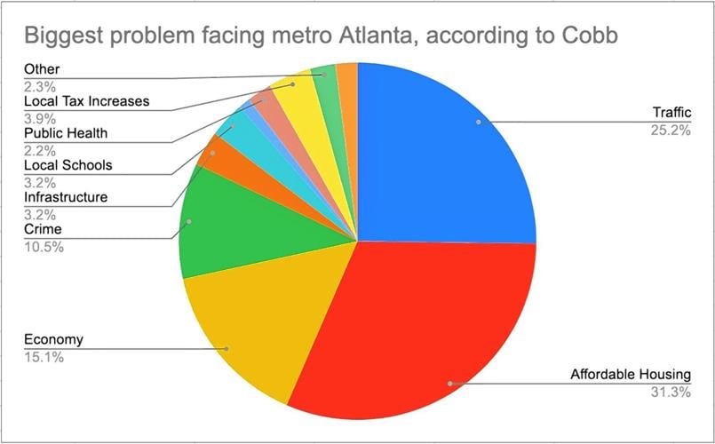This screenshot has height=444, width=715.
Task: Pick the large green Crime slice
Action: (x=231, y=226)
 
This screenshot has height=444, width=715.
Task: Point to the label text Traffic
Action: (x=671, y=113)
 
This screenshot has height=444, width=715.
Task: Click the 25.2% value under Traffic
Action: (x=671, y=131)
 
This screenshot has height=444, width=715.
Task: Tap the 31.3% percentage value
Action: (x=671, y=392)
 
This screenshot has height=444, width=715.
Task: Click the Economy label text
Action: (x=53, y=339)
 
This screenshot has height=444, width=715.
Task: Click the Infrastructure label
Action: (x=66, y=196)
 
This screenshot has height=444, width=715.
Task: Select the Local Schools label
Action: (x=68, y=165)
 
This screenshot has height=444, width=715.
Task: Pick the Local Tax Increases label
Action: (x=86, y=101)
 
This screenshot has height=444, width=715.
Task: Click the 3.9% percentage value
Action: (x=40, y=118)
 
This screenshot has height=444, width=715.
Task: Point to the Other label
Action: (x=43, y=69)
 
